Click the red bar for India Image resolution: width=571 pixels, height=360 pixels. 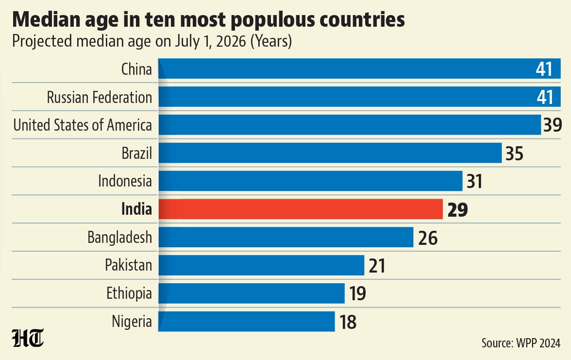(x=301, y=209)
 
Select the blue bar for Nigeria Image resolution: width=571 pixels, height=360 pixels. (x=247, y=322)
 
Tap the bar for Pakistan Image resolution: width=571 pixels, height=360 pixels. (x=261, y=265)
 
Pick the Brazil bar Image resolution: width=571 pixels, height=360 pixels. (x=330, y=153)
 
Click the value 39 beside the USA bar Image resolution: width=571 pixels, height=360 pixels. (x=553, y=125)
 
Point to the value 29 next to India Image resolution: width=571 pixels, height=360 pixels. (x=457, y=209)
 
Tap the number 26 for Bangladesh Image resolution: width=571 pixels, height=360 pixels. (x=428, y=238)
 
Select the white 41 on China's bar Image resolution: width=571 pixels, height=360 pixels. (x=544, y=69)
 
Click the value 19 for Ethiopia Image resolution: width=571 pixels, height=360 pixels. (x=357, y=293)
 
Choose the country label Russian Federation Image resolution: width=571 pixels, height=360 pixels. (x=100, y=97)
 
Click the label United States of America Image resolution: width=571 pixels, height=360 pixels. (x=83, y=125)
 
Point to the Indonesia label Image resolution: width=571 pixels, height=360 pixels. (x=125, y=181)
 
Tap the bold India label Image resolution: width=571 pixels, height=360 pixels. (x=136, y=209)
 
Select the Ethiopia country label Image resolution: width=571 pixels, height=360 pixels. (x=129, y=293)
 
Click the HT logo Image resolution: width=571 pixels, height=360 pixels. (x=28, y=338)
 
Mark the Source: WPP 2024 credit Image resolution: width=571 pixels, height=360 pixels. (x=521, y=343)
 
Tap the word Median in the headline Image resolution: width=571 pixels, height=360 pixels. (x=46, y=19)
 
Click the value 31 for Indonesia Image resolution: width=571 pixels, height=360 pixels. (x=474, y=182)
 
